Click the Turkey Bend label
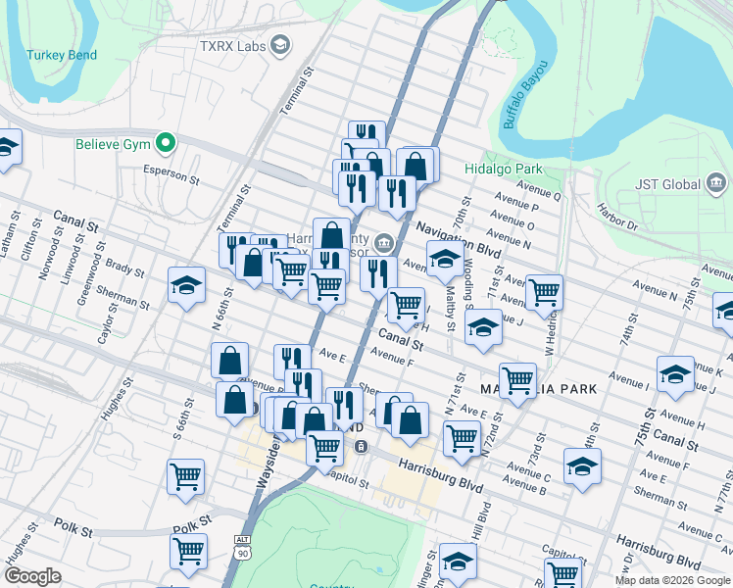[x=62, y=55]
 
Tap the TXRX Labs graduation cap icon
[x=281, y=45]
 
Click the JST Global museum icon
[x=715, y=183]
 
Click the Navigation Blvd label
[x=458, y=240]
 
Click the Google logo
[x=32, y=576]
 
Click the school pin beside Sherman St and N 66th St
[x=185, y=285]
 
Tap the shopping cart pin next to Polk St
[x=187, y=552]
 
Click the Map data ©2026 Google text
[x=672, y=580]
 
